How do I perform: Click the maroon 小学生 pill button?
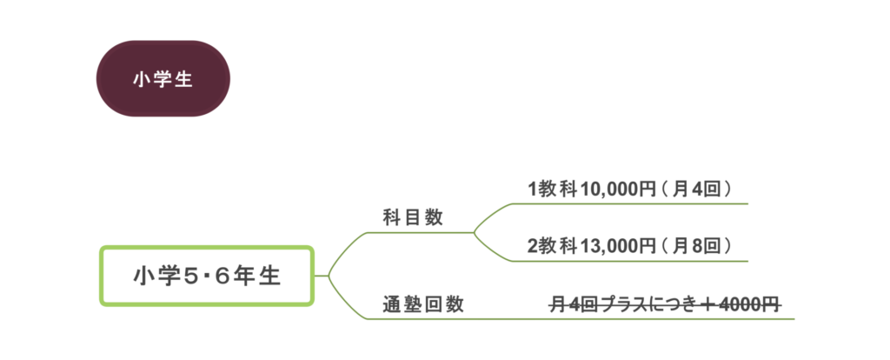[163, 78]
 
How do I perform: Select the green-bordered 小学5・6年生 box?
[206, 277]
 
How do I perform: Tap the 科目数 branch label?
[413, 217]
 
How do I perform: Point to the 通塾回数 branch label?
[423, 305]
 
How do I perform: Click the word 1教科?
[547, 189]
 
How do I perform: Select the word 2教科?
[547, 246]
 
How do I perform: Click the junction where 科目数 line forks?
[474, 232]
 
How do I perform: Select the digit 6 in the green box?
[223, 277]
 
